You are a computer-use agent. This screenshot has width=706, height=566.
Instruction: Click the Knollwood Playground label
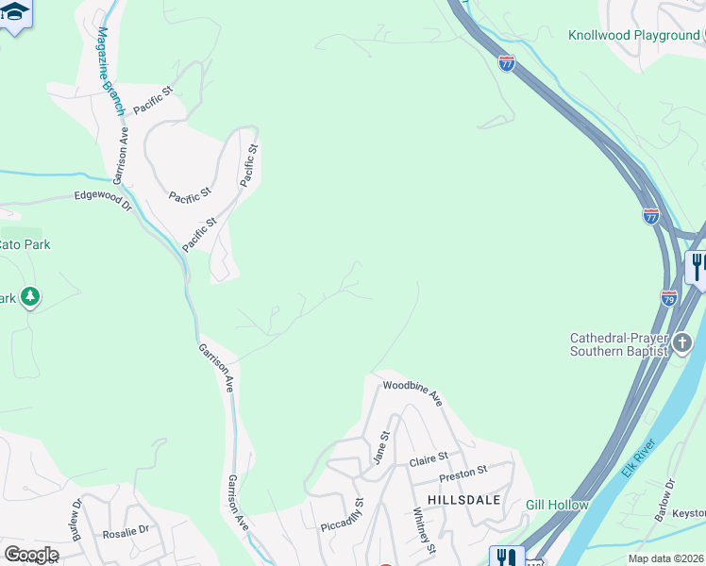[633, 36]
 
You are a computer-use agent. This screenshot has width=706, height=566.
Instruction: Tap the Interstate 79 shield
[668, 298]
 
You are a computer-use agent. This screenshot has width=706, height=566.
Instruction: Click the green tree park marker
[31, 298]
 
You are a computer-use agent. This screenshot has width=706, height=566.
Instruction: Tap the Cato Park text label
[25, 244]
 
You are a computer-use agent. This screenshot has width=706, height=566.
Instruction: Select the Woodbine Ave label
[412, 392]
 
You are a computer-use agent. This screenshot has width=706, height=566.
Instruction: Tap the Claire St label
[428, 460]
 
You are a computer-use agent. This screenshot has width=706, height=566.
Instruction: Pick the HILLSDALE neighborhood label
[462, 499]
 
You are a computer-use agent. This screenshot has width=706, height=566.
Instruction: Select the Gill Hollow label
[557, 506]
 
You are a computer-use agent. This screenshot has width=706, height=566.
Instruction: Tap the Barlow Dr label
[665, 500]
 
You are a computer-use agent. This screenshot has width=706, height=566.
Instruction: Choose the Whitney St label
[424, 531]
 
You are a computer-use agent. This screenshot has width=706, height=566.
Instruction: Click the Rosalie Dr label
[126, 531]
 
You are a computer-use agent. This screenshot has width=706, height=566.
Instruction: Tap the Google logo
[30, 554]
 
